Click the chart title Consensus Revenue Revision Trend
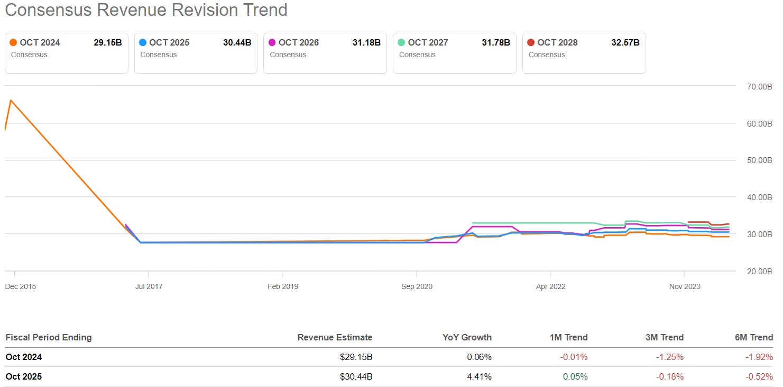point(146,10)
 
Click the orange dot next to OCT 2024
point(13,43)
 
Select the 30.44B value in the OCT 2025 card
point(237,43)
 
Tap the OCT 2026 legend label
point(298,43)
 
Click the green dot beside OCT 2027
point(401,43)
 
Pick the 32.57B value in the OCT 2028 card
point(625,43)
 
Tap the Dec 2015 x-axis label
point(21,286)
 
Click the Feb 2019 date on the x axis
point(283,286)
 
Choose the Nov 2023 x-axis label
point(685,286)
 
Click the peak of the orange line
point(11,100)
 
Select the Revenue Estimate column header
point(335,337)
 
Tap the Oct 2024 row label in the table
point(24,357)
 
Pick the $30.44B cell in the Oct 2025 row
point(356,377)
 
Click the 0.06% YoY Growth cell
point(479,357)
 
